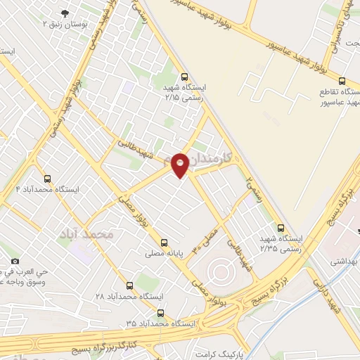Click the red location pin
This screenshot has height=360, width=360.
181,165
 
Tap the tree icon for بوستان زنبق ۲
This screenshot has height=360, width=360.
65,13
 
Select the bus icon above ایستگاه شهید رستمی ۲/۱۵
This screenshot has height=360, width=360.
184,77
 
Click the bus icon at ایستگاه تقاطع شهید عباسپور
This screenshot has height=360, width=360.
342,81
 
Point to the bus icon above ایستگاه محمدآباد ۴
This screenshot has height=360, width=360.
47,179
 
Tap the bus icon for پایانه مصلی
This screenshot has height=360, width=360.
165,240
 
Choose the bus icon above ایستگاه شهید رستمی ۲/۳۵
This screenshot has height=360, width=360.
281,228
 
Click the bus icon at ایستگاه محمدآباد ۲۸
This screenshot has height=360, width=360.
129,285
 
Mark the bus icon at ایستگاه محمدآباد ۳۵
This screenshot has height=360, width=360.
161,313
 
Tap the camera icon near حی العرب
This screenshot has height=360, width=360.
15,262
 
